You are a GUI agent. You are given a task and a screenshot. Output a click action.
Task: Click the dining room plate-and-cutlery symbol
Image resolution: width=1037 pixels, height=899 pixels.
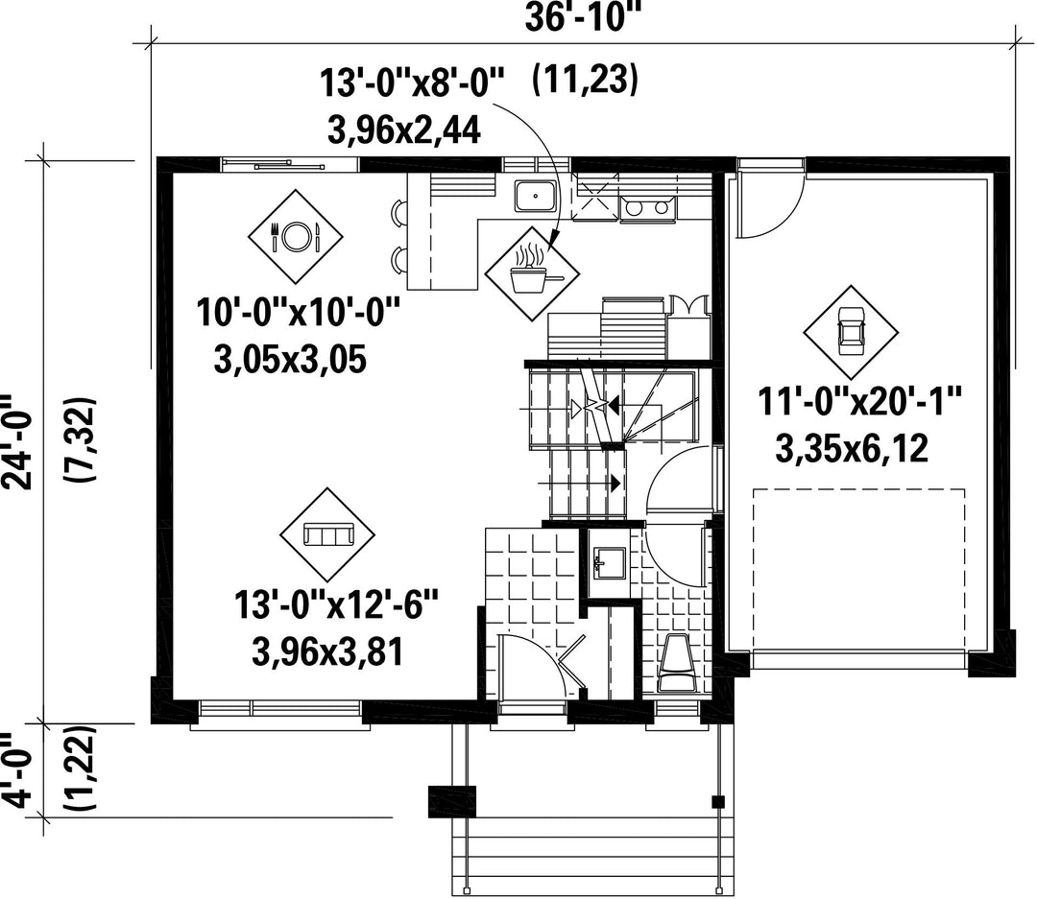pyautogui.click(x=296, y=236)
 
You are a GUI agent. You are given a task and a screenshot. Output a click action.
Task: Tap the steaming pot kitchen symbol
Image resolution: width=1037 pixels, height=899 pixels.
pyautogui.click(x=532, y=273)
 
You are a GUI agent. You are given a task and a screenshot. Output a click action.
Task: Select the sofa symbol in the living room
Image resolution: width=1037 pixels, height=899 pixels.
pyautogui.click(x=327, y=534)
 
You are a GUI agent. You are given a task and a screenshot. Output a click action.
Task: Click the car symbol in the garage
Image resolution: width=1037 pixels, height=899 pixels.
pyautogui.click(x=851, y=333)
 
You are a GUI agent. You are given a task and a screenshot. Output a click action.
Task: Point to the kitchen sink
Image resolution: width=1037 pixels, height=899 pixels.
pyautogui.click(x=535, y=196)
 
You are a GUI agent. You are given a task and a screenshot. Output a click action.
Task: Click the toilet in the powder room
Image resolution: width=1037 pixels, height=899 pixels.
pyautogui.click(x=676, y=663)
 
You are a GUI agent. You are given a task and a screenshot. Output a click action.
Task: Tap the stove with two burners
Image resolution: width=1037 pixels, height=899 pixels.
pyautogui.click(x=648, y=207)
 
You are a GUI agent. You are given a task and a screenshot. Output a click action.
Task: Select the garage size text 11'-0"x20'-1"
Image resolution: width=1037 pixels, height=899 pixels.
pyautogui.click(x=858, y=401)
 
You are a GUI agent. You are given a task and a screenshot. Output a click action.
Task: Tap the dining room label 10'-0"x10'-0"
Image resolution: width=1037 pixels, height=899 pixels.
pyautogui.click(x=299, y=312)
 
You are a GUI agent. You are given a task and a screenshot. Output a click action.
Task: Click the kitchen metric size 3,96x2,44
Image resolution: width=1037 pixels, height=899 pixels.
pyautogui.click(x=403, y=130)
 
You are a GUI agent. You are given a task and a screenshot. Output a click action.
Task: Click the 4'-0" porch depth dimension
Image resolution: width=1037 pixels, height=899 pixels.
pyautogui.click(x=16, y=770)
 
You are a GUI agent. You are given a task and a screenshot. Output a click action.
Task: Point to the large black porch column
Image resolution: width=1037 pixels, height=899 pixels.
pyautogui.click(x=452, y=802)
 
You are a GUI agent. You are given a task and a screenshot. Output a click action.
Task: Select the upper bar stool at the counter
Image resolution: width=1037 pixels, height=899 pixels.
pyautogui.click(x=399, y=211)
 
